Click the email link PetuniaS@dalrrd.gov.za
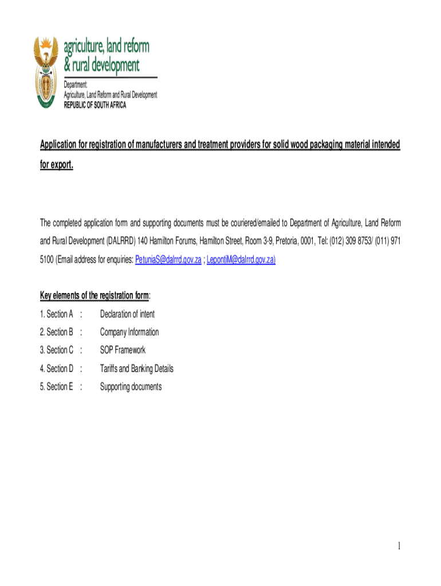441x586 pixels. [168, 260]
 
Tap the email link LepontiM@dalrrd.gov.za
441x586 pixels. [241, 260]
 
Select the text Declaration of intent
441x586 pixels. [127, 314]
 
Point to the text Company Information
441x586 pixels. [129, 332]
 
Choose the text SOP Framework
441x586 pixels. [123, 350]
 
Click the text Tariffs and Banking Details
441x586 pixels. [136, 369]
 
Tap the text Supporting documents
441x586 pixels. [131, 387]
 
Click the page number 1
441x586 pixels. [398, 547]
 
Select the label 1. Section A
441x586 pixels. [56, 314]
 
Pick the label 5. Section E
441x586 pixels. [56, 387]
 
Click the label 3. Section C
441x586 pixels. [56, 350]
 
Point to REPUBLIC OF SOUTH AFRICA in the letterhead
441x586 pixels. [94, 105]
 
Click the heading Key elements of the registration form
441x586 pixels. [94, 296]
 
